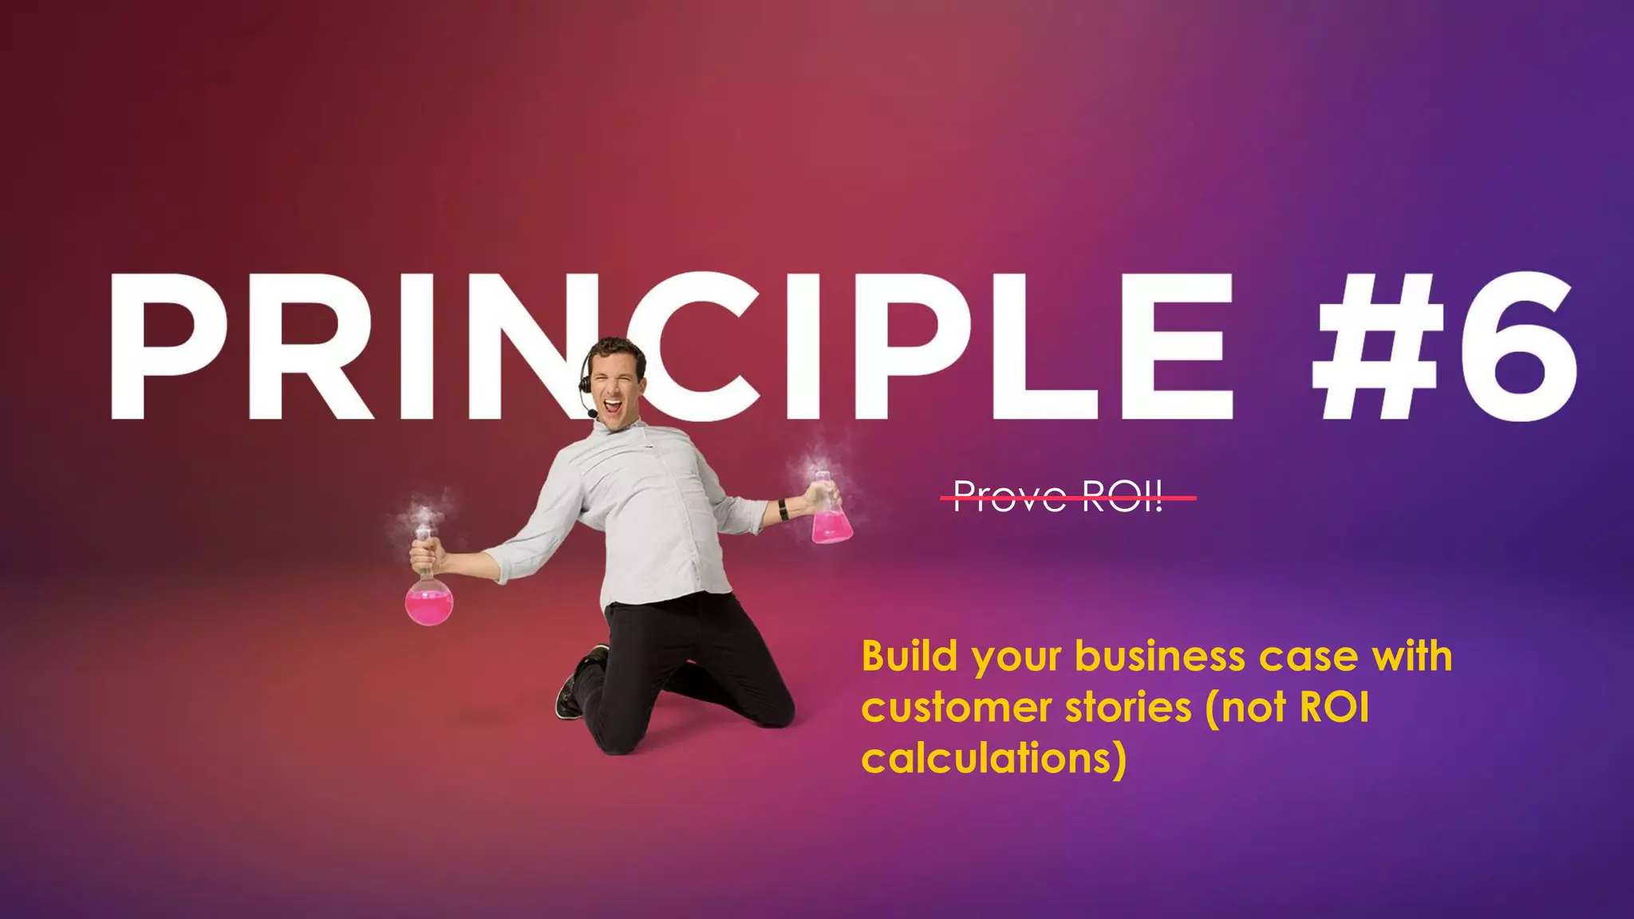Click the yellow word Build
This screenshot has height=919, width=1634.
[909, 657]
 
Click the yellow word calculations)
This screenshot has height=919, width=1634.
[994, 758]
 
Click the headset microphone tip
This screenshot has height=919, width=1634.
[591, 414]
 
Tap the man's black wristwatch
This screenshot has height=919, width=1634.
[783, 509]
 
